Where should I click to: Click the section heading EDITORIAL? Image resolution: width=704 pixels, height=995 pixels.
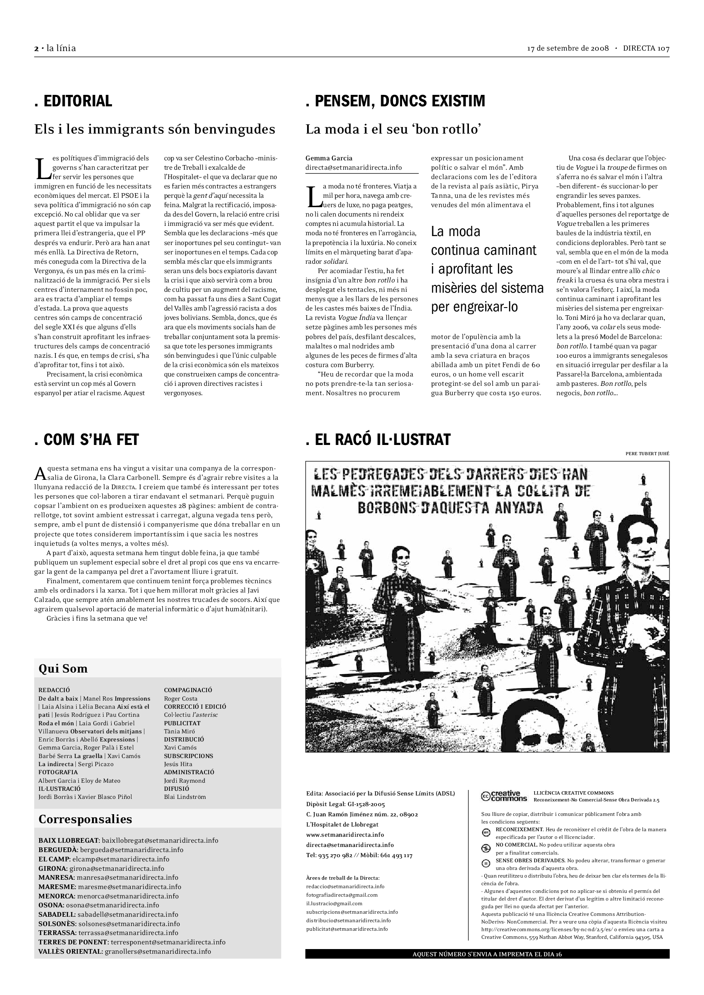click(73, 101)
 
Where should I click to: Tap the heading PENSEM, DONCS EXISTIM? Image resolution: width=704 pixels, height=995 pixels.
click(395, 101)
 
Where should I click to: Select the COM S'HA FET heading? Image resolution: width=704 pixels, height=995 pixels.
click(86, 440)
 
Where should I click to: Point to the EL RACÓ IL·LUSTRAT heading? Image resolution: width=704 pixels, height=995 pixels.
click(378, 440)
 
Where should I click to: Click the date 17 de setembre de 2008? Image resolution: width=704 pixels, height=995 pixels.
click(568, 48)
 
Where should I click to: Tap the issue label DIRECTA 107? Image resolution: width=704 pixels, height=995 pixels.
click(646, 48)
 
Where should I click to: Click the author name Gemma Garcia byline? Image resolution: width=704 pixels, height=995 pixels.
click(329, 158)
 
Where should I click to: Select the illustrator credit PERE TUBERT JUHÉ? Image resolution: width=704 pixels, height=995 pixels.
click(647, 454)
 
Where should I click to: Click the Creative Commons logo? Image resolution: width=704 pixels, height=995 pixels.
click(503, 796)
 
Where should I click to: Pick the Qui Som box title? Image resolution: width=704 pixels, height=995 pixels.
click(63, 669)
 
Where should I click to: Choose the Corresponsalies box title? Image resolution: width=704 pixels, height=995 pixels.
click(85, 819)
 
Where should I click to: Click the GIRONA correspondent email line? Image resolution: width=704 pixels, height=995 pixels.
click(101, 869)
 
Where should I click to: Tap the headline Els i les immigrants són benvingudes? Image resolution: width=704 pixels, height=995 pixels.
click(155, 129)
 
